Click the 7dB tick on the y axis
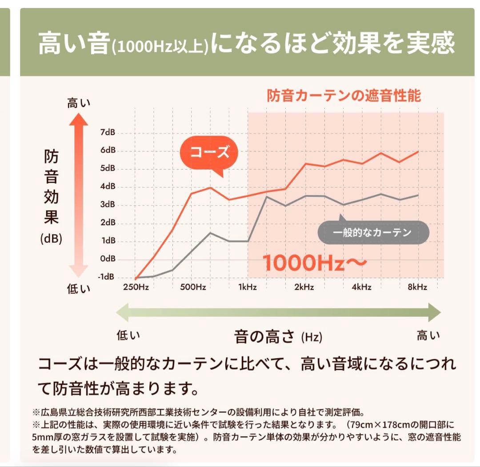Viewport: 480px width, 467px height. coord(108,132)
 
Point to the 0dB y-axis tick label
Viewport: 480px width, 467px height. coord(108,259)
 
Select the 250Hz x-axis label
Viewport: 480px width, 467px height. coord(135,287)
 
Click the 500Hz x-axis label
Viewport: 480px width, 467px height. coord(193,287)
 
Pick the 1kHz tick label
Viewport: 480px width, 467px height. coord(248,287)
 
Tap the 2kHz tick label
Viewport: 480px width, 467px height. coord(304,287)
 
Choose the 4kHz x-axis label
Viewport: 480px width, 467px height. coord(361,287)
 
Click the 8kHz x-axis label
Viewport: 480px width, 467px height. coord(417,287)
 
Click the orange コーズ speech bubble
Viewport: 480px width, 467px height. coord(209,153)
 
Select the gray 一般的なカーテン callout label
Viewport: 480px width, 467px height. coord(373,232)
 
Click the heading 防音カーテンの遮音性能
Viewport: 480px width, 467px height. coord(344,96)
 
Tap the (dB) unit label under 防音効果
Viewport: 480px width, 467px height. coord(51,239)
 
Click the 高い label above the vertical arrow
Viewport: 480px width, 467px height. coord(78,104)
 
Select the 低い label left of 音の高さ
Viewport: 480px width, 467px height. coord(128,335)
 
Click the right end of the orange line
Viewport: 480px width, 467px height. coord(417,152)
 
